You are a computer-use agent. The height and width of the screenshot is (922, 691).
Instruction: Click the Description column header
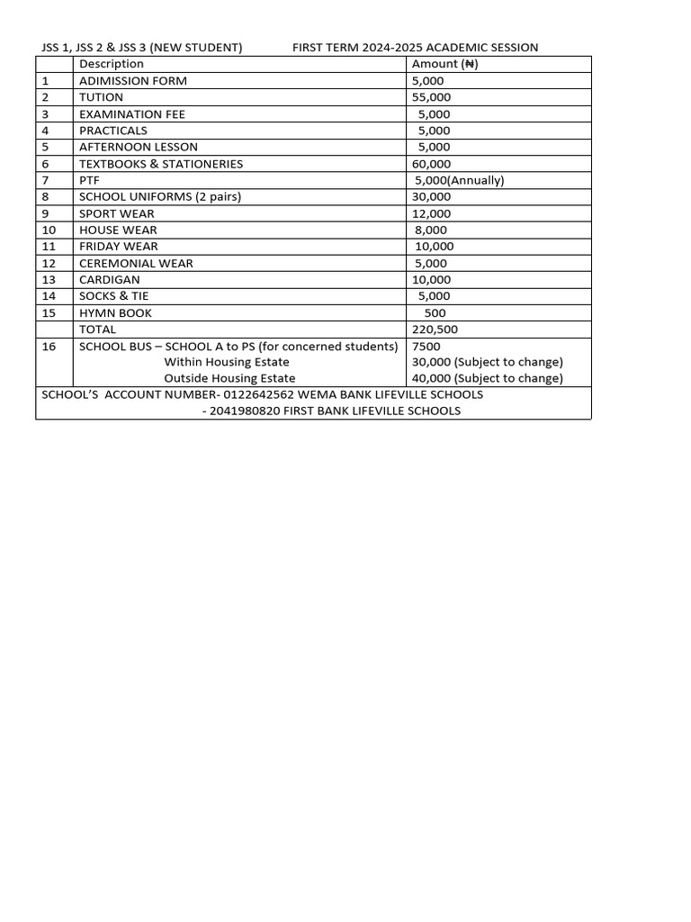(x=111, y=64)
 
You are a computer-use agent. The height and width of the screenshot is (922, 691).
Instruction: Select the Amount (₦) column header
(x=444, y=64)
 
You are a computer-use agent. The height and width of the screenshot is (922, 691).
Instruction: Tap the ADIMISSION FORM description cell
(x=133, y=81)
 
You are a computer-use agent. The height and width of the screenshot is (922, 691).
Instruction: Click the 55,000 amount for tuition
(x=432, y=97)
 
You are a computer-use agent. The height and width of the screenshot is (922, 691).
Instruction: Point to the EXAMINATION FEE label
(x=132, y=114)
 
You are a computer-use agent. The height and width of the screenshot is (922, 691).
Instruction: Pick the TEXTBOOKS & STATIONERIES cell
(x=161, y=164)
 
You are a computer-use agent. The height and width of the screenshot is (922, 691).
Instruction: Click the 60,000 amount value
(x=432, y=164)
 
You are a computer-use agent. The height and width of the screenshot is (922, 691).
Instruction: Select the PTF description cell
(x=89, y=180)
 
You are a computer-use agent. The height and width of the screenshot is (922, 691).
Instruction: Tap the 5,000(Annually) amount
(x=460, y=180)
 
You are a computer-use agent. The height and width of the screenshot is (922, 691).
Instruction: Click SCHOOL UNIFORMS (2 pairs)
(x=160, y=196)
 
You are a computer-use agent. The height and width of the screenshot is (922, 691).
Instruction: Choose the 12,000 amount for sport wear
(x=432, y=213)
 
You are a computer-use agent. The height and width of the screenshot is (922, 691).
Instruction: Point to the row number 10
(x=49, y=230)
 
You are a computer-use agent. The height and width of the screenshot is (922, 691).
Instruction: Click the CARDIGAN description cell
(x=110, y=279)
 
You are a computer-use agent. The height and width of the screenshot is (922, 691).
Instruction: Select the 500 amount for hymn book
(x=435, y=312)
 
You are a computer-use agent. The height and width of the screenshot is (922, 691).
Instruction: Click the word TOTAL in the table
(x=98, y=330)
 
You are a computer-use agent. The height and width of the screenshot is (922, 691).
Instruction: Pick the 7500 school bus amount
(x=426, y=347)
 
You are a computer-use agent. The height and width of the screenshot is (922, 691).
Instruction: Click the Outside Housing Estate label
(x=229, y=378)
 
